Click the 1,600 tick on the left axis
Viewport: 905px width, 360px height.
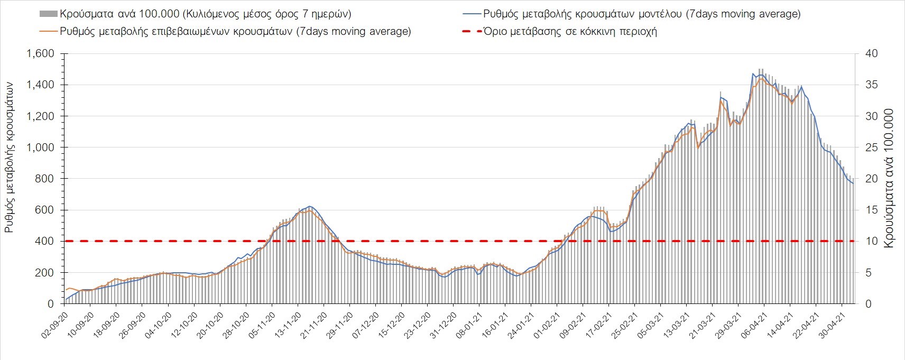pyautogui.click(x=40, y=54)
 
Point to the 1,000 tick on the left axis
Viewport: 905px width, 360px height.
pyautogui.click(x=40, y=147)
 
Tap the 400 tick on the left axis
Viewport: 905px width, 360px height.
pyautogui.click(x=44, y=242)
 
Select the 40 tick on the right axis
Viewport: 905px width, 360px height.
pyautogui.click(x=871, y=54)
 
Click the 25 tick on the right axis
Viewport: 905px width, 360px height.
pyautogui.click(x=871, y=147)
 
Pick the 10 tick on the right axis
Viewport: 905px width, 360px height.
pyautogui.click(x=871, y=242)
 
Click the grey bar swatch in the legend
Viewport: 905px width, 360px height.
pyautogui.click(x=48, y=14)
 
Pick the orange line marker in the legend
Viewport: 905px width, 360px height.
pyautogui.click(x=48, y=31)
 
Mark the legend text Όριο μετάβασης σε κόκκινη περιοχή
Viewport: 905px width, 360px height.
pyautogui.click(x=570, y=31)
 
